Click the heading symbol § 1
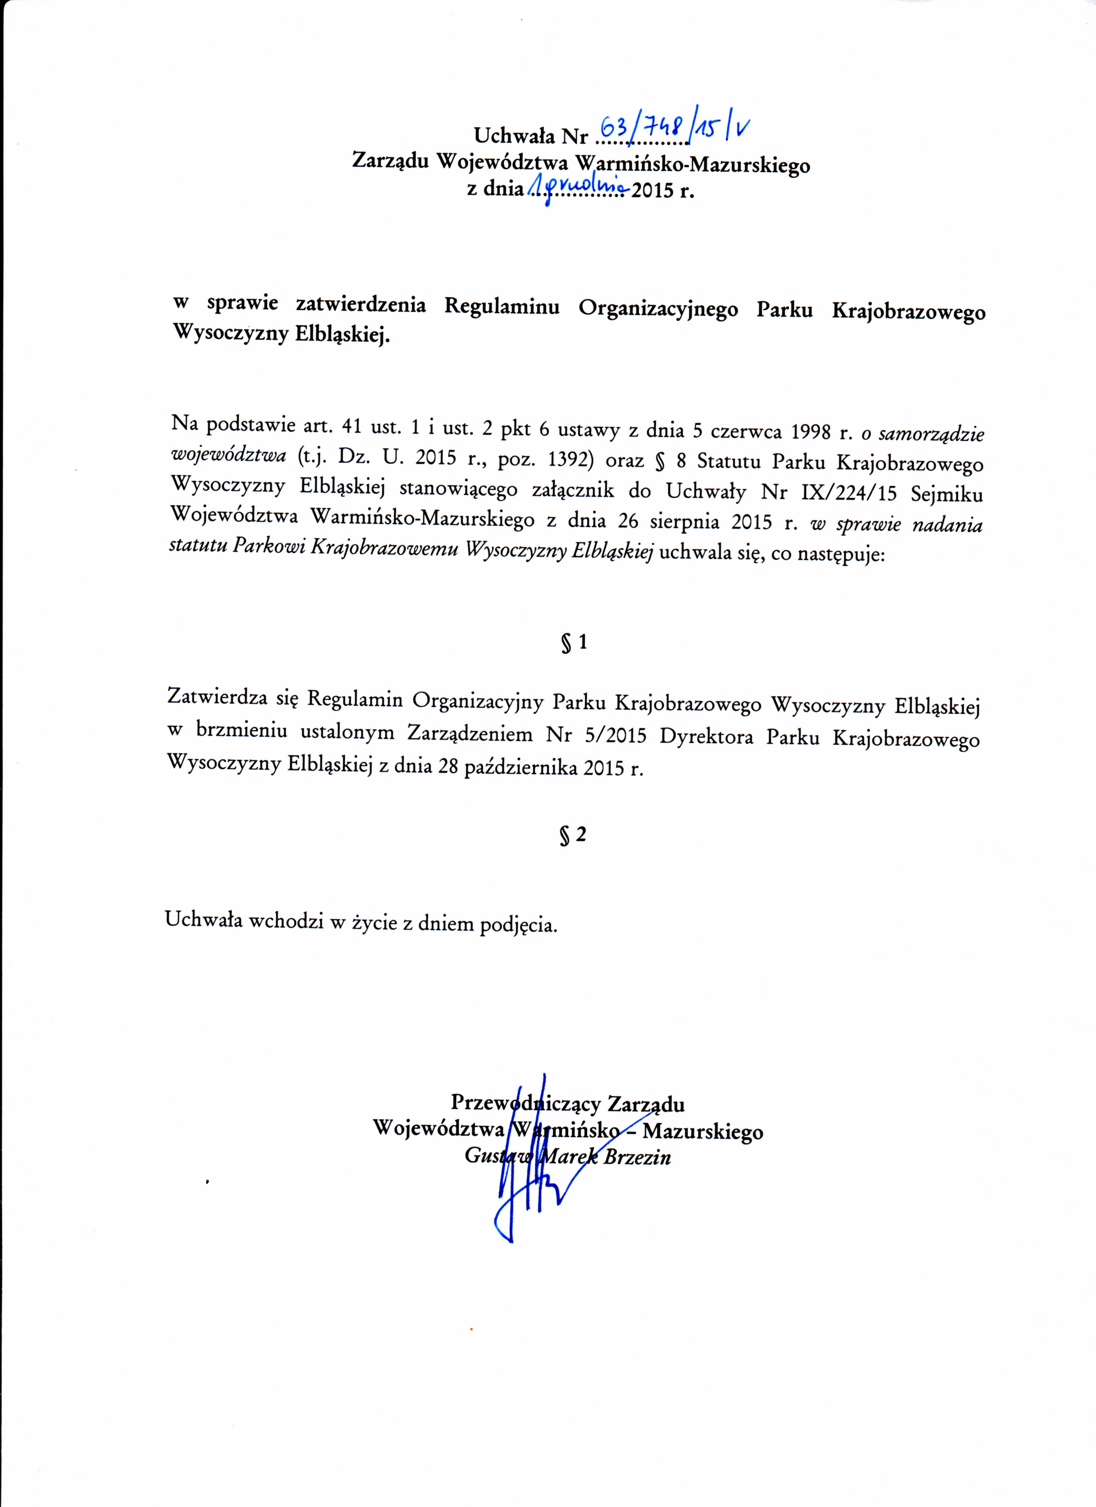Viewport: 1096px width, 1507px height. pyautogui.click(x=574, y=643)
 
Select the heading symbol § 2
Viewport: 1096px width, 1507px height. pyautogui.click(x=572, y=835)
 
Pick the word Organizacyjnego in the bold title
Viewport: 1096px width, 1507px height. pyautogui.click(x=658, y=308)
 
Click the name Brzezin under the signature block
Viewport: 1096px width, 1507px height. pyautogui.click(x=638, y=1157)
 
